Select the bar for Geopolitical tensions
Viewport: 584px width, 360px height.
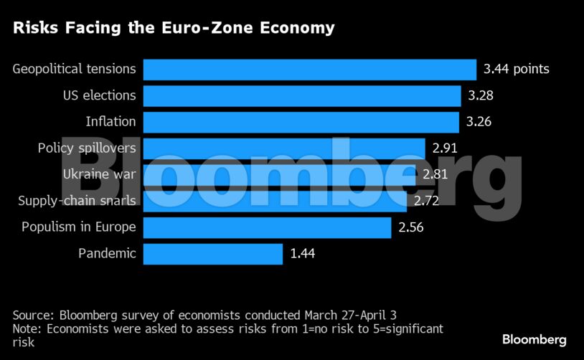pyautogui.click(x=309, y=70)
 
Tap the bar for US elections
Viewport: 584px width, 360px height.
pyautogui.click(x=301, y=95)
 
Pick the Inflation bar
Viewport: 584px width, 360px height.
pyautogui.click(x=301, y=122)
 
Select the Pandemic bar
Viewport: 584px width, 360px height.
pyautogui.click(x=212, y=254)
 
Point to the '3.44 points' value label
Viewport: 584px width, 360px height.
pyautogui.click(x=517, y=70)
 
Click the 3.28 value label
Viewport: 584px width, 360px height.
pyautogui.click(x=481, y=95)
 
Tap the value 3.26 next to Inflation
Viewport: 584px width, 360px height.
pyautogui.click(x=479, y=122)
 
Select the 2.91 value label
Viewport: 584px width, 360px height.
pyautogui.click(x=445, y=148)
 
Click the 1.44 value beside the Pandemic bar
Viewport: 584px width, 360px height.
pyautogui.click(x=302, y=254)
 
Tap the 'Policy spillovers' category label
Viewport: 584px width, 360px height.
pyautogui.click(x=87, y=148)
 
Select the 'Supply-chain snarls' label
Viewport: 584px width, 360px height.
pyautogui.click(x=77, y=201)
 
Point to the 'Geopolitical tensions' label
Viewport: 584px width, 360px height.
pyautogui.click(x=75, y=70)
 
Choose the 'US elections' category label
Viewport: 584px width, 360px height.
pyautogui.click(x=99, y=95)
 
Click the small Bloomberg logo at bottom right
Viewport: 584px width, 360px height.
pyautogui.click(x=534, y=339)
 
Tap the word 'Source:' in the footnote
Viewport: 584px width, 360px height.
pyautogui.click(x=33, y=315)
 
